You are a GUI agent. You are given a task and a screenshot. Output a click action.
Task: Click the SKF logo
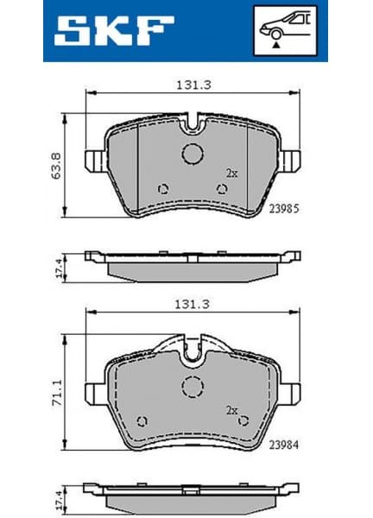tap(109, 31)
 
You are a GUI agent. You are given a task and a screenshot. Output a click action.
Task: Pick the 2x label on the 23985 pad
tap(231, 173)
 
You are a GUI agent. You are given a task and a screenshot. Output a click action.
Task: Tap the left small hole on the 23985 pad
tap(163, 190)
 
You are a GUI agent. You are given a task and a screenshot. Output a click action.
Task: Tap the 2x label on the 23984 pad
tap(231, 410)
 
